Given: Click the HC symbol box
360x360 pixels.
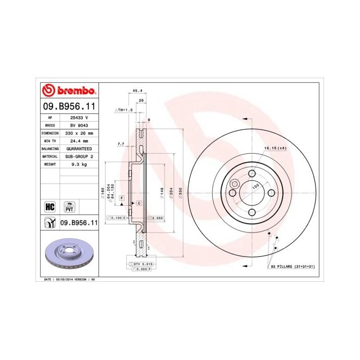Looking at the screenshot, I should [x=50, y=207].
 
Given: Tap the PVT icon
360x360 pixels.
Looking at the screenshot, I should [x=69, y=207].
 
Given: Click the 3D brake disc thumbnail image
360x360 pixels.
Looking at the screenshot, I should [x=68, y=255].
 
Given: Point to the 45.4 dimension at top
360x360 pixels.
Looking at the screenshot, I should [x=137, y=91].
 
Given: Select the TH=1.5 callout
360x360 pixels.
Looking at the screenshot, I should [x=123, y=110].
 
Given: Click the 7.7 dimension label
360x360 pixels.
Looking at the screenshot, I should [x=121, y=145].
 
